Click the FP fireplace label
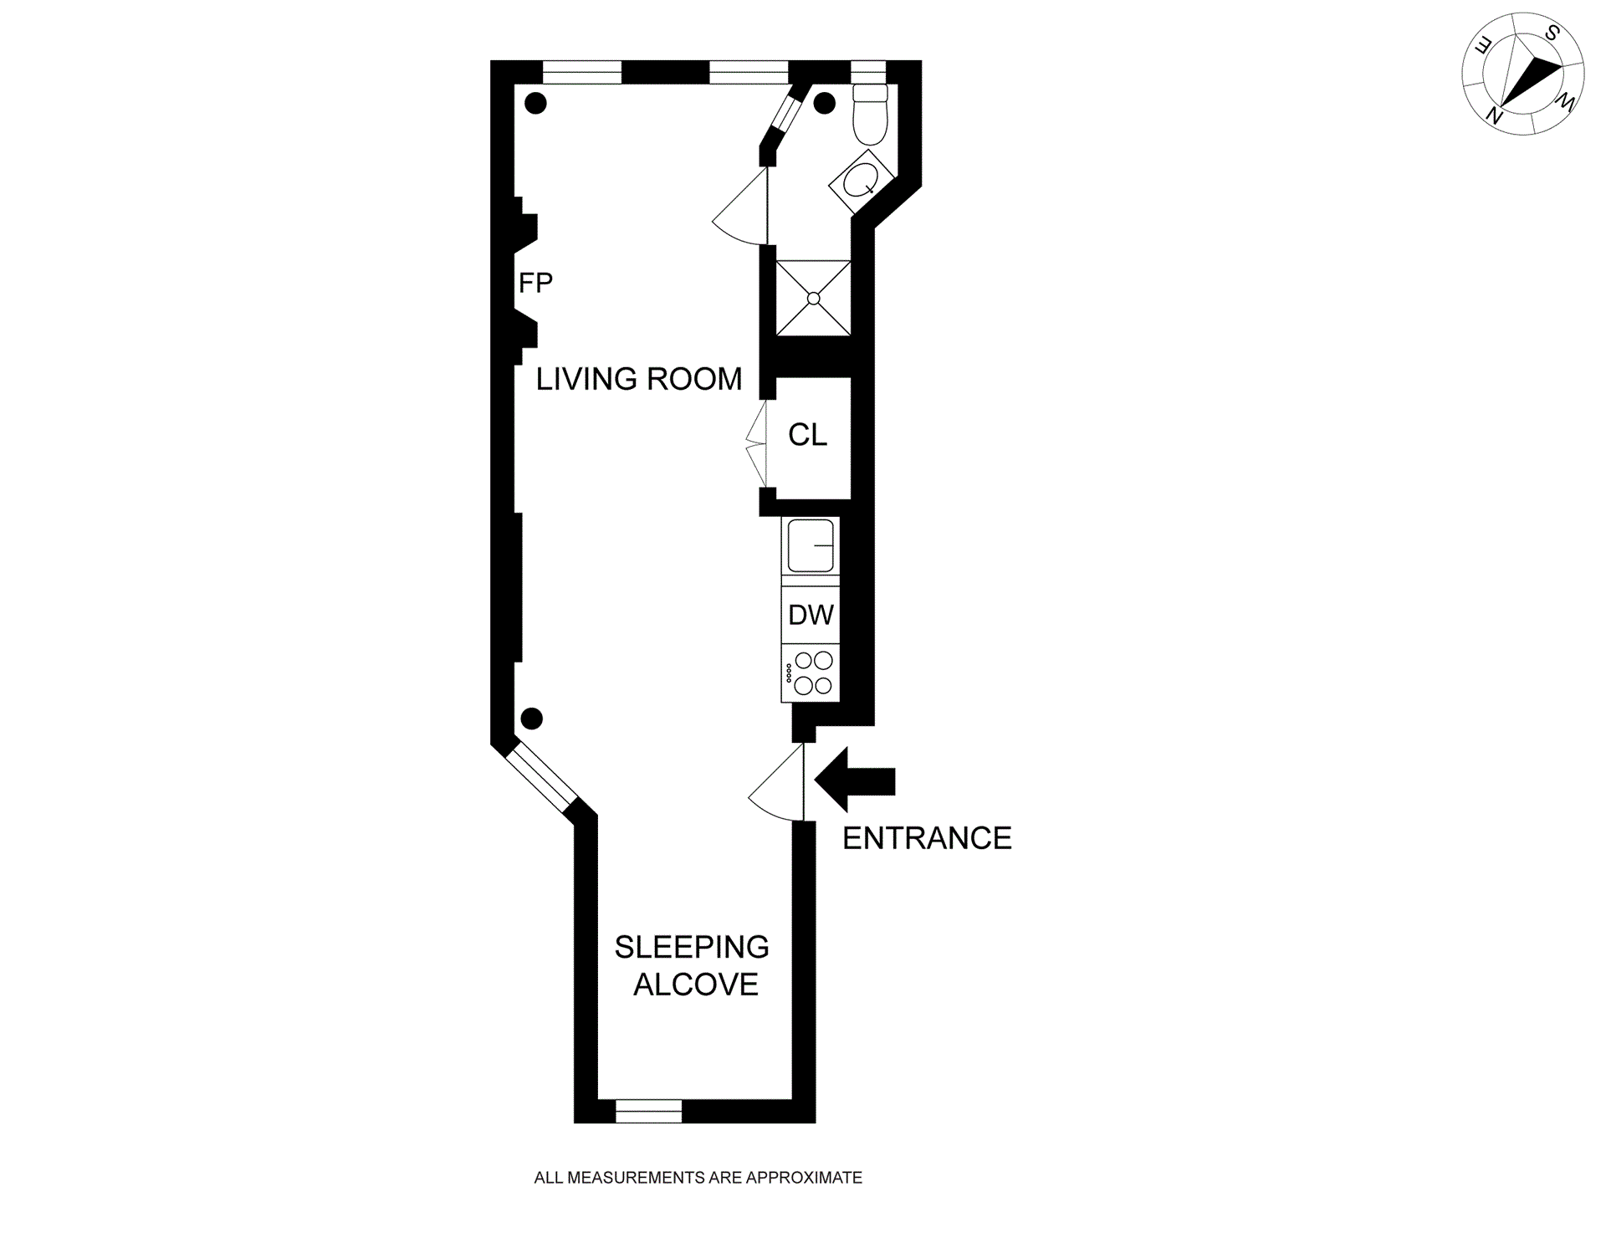click(x=535, y=283)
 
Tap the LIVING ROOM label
click(x=639, y=379)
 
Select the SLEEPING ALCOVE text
click(x=693, y=965)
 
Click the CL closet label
click(x=807, y=435)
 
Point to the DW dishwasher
click(x=811, y=615)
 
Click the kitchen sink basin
click(x=811, y=545)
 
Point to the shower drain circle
click(x=813, y=299)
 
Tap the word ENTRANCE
click(x=927, y=838)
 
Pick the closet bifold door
click(x=756, y=443)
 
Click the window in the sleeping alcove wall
click(x=649, y=1111)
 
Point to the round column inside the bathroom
click(x=825, y=104)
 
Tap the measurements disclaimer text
click(x=698, y=1178)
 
